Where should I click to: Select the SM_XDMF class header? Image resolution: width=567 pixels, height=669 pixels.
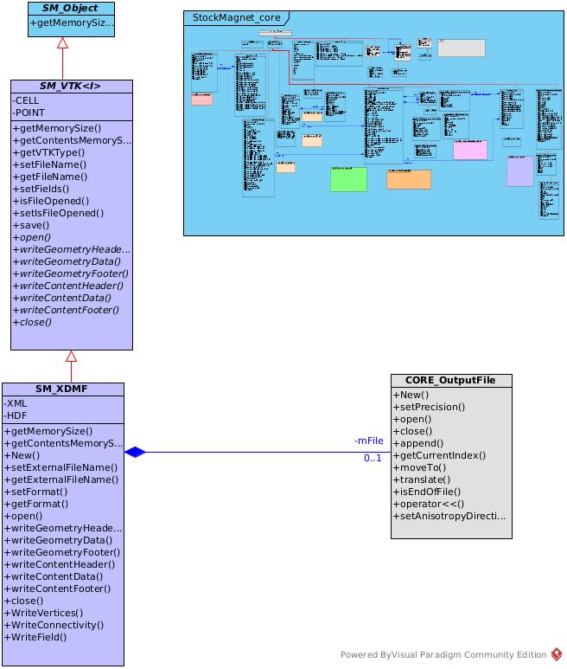(x=62, y=389)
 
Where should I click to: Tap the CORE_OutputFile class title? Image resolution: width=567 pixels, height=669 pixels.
(x=450, y=381)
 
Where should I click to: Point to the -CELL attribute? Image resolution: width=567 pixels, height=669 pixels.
(x=27, y=100)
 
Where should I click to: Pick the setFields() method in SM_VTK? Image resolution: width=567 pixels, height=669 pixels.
(x=41, y=188)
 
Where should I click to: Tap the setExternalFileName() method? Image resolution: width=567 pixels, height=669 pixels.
(x=61, y=466)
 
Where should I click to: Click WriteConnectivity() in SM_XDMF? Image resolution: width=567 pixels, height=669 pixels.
(x=54, y=624)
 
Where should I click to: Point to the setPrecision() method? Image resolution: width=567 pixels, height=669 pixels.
(x=430, y=406)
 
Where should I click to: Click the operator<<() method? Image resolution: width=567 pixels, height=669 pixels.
(x=429, y=503)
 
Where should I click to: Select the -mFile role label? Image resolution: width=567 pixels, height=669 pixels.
(x=368, y=441)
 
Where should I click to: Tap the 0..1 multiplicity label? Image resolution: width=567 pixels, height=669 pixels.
(x=373, y=458)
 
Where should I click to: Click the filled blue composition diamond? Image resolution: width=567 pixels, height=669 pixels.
(x=135, y=452)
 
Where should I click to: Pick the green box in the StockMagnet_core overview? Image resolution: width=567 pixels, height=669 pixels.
(x=348, y=179)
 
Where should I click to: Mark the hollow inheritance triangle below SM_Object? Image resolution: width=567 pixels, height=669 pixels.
(x=62, y=43)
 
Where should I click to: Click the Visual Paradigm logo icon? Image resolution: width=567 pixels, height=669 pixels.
(x=557, y=655)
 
